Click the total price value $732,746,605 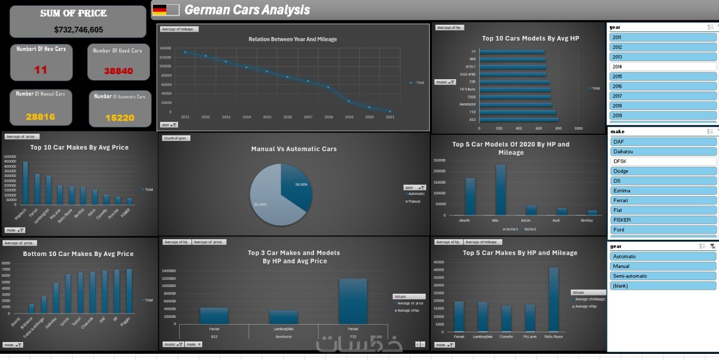point(79,30)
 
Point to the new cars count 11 point(40,70)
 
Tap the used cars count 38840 point(118,71)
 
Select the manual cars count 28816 point(40,117)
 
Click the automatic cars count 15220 point(120,118)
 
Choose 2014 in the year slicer point(663,67)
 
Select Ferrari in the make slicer point(663,200)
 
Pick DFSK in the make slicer point(663,161)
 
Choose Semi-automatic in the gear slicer point(663,276)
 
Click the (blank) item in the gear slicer point(663,286)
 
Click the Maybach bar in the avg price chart point(25,183)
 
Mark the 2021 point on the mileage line point(390,111)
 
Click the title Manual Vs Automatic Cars point(294,149)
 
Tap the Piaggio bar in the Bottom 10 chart point(129,291)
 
